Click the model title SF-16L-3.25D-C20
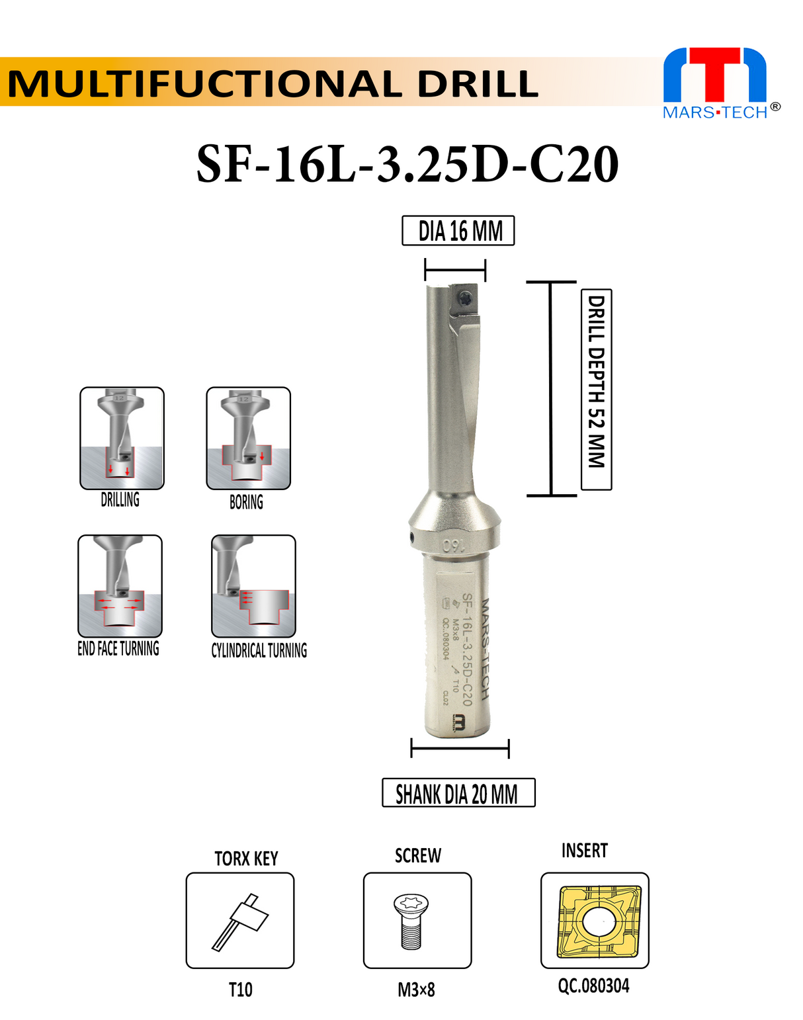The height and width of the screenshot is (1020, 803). tap(407, 164)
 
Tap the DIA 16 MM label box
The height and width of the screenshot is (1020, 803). tap(458, 232)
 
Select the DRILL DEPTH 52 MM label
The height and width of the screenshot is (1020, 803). tap(596, 389)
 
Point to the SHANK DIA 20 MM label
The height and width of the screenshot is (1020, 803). tap(458, 793)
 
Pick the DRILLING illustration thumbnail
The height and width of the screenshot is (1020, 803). tap(122, 438)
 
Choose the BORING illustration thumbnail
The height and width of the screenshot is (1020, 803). tap(248, 438)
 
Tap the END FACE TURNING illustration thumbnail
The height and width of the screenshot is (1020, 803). tap(120, 585)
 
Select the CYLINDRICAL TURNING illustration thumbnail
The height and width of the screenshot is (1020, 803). tap(253, 585)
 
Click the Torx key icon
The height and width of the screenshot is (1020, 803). tap(240, 920)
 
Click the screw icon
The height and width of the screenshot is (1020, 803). tap(417, 920)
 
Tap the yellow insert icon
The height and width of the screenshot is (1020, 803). tap(595, 920)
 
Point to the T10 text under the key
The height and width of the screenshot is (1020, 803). tap(240, 990)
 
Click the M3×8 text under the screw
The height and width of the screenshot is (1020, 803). tap(416, 990)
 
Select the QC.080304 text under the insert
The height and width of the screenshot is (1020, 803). tap(593, 986)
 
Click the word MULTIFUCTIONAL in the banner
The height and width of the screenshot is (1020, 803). tap(205, 84)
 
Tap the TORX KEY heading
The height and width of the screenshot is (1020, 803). tap(246, 859)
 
